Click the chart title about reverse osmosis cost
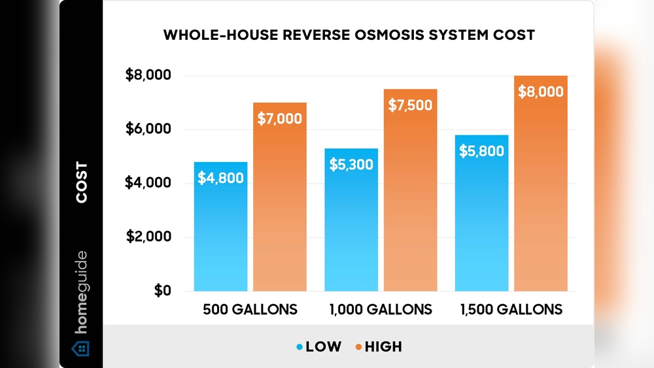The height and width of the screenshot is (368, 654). coord(349,35)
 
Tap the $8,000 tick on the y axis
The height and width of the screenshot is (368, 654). coord(148,76)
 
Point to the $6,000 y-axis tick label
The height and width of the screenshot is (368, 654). coord(148,129)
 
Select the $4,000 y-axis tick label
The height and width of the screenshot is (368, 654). coord(148,183)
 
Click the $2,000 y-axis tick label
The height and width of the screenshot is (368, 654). coord(148,237)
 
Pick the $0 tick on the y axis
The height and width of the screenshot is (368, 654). coord(163,290)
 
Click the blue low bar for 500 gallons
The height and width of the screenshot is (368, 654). coord(220,235)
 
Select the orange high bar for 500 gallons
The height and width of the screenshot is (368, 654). coord(279,209)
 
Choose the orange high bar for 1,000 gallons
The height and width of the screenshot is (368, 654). coord(410,203)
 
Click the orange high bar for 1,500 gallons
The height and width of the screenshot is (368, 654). coord(540,196)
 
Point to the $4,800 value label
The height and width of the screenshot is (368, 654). coord(220,178)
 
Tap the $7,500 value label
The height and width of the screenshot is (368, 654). coord(410,105)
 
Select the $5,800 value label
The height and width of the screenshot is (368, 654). coord(481,152)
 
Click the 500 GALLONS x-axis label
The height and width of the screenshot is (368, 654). coord(250,309)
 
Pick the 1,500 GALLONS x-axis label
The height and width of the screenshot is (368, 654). coord(511,309)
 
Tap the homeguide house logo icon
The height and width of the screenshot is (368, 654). coord(80,347)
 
